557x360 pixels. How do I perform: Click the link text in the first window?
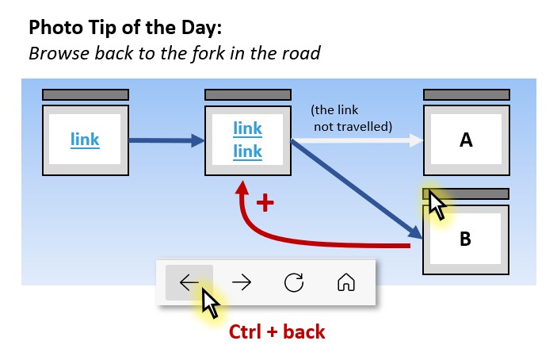pyautogui.click(x=85, y=140)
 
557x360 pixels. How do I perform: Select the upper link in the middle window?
pyautogui.click(x=247, y=128)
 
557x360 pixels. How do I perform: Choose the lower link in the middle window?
pyautogui.click(x=247, y=150)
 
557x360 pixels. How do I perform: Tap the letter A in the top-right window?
pyautogui.click(x=466, y=140)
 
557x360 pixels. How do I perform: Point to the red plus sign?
pyautogui.click(x=265, y=204)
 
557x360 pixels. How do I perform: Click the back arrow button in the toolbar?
pyautogui.click(x=189, y=282)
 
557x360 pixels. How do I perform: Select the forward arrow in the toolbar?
pyautogui.click(x=241, y=282)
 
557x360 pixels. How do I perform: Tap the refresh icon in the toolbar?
pyautogui.click(x=293, y=282)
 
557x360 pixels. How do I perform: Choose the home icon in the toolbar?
pyautogui.click(x=345, y=282)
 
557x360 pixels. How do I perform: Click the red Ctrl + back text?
pyautogui.click(x=277, y=331)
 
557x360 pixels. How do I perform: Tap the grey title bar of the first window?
pyautogui.click(x=85, y=94)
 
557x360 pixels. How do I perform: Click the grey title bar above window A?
pyautogui.click(x=466, y=94)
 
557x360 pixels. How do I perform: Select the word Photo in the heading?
pyautogui.click(x=53, y=29)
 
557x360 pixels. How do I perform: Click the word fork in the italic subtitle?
pyautogui.click(x=208, y=54)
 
